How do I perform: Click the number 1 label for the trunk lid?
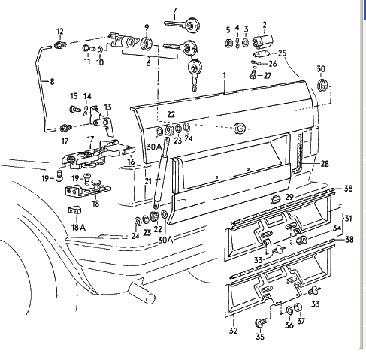point(224,75)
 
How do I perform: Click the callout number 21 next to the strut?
point(147,181)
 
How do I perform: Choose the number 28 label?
point(325,163)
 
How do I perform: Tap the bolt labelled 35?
point(261,322)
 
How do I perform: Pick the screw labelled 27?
point(252,75)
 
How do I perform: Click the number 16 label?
point(130,161)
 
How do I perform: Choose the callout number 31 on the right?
point(347,219)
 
